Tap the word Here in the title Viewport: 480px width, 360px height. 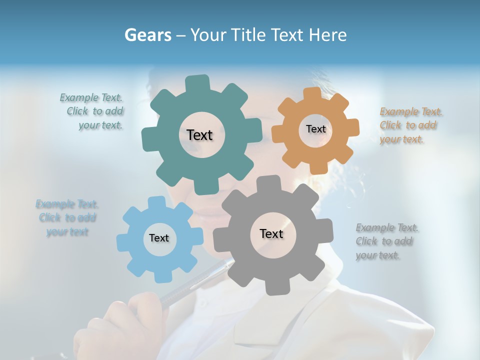point(327,35)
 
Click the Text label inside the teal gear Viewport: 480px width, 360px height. point(199,135)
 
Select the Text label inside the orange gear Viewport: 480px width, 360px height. point(315,129)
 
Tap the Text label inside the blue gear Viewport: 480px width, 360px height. point(159,238)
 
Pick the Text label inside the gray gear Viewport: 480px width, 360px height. point(271,233)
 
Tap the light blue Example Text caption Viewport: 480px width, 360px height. point(66,218)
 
